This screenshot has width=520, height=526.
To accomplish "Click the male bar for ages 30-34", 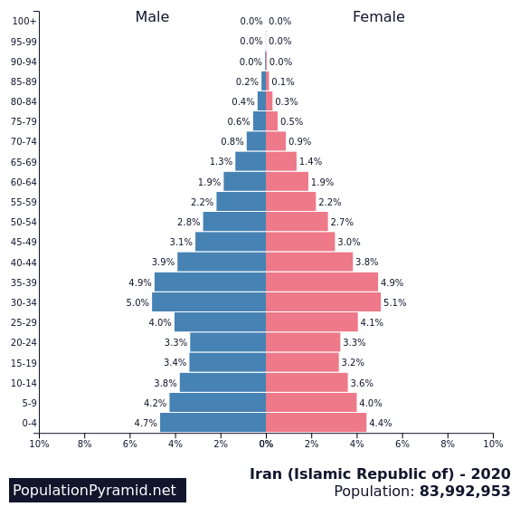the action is point(209,301).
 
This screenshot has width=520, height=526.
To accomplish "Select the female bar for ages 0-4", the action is point(317,423).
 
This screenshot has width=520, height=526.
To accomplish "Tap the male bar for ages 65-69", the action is point(251,161).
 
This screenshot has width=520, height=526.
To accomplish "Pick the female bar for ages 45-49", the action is point(300,242).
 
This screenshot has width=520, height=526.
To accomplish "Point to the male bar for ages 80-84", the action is point(261,101).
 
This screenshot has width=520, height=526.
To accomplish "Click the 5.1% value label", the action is point(394,302).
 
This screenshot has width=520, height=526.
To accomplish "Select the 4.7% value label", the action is point(146,423).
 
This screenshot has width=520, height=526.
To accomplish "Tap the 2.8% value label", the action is point(189,222).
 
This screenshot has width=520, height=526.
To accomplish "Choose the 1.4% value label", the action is point(310,162).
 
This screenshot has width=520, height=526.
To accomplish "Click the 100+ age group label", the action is point(24,21).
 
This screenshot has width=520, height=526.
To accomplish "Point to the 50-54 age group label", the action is point(24,222).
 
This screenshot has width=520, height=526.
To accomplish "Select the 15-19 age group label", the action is point(24,363).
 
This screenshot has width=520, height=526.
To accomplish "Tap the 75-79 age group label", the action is point(24,121).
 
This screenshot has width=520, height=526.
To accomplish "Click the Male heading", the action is point(152,17).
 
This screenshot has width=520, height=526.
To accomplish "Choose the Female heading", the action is point(379,17).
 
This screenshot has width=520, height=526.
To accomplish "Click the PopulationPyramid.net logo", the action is point(98,490).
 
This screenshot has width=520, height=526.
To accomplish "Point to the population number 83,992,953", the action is point(465,491).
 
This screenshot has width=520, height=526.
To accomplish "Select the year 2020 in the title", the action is point(491,474).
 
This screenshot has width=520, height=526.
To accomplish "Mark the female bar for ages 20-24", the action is point(303,342).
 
